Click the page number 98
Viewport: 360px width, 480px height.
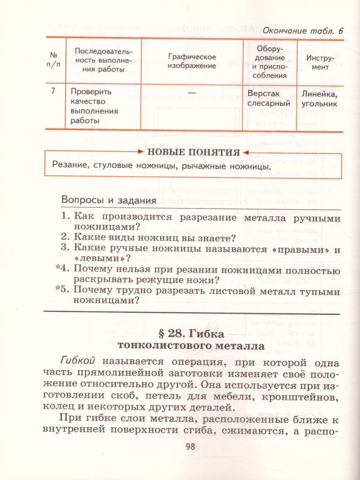coord(190,447)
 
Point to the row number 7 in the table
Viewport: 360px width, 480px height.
coord(53,91)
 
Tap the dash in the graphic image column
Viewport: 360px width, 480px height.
coord(192,91)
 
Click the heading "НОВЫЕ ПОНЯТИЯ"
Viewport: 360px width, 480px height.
coord(194,152)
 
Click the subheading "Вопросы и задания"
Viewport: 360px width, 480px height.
coord(108,200)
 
